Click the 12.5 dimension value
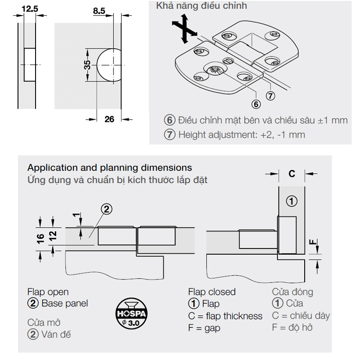[30, 9]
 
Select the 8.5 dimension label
[99, 11]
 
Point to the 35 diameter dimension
[87, 65]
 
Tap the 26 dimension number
[109, 119]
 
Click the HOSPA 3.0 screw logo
[131, 313]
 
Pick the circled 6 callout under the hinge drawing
[256, 104]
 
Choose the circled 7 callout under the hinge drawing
[270, 96]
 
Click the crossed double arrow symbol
[184, 29]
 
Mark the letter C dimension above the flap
[292, 174]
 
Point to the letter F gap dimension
[313, 242]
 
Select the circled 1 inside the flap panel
[292, 201]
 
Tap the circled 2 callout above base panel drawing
[107, 209]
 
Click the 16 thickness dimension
[40, 239]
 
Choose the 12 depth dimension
[53, 236]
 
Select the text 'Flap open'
[48, 292]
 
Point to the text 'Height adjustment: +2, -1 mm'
[242, 135]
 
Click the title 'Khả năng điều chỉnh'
[202, 6]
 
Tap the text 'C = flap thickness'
[225, 316]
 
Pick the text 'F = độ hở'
[292, 328]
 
